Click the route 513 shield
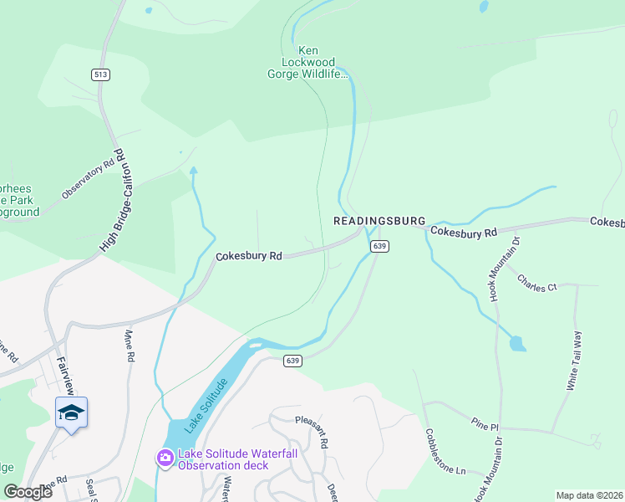point(101,74)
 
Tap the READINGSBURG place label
point(379,222)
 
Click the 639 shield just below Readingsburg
point(379,246)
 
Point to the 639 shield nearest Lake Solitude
point(292,361)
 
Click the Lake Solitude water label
point(206,405)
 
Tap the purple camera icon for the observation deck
point(165,458)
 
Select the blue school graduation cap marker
point(72,412)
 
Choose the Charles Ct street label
point(536,283)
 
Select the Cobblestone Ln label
point(444,452)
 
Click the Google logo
point(28,492)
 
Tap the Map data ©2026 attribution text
point(588,495)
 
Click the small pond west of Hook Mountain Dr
point(517,343)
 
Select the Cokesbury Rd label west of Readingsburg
point(249,256)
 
